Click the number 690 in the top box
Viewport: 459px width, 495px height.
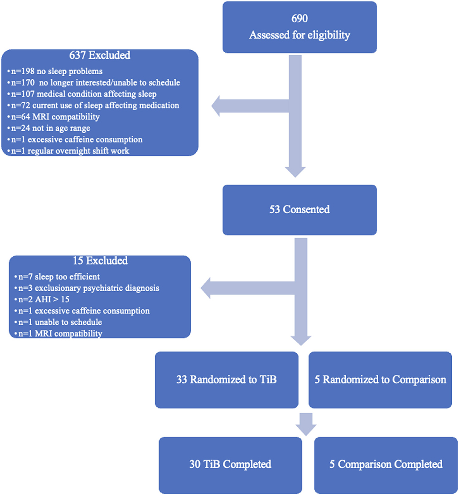[x=300, y=19]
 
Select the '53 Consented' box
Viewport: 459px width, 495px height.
[x=300, y=210]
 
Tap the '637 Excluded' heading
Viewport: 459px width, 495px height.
[x=100, y=55]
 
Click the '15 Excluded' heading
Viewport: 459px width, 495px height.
[x=100, y=261]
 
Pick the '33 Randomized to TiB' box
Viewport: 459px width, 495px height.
[x=227, y=380]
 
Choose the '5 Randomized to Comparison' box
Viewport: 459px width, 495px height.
[x=380, y=380]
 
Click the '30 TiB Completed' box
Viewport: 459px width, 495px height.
[x=230, y=465]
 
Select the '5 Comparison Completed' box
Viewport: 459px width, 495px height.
[x=386, y=465]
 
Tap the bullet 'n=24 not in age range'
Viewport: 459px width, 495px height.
[x=49, y=128]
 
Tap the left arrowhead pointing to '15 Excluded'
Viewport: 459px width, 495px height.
[x=210, y=286]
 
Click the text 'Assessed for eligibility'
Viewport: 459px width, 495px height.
[x=300, y=35]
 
